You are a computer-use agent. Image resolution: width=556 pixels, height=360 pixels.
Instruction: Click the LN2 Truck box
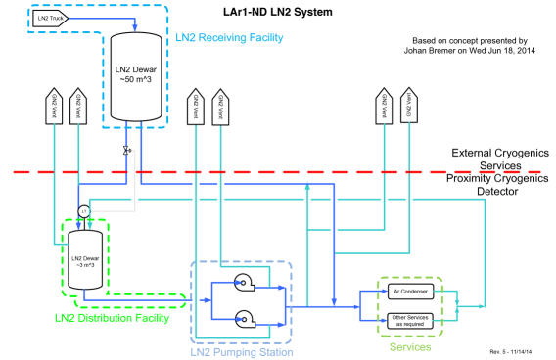pyautogui.click(x=50, y=18)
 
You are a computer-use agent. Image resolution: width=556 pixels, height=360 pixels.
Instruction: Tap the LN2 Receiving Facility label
pyautogui.click(x=229, y=38)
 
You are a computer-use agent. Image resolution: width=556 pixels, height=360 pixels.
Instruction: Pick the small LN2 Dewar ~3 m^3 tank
pyautogui.click(x=85, y=260)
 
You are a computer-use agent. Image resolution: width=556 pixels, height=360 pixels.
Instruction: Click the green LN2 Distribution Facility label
pyautogui.click(x=112, y=318)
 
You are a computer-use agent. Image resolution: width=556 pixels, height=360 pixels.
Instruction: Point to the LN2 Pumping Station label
pyautogui.click(x=241, y=351)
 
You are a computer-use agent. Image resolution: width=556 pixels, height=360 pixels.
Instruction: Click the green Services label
pyautogui.click(x=409, y=346)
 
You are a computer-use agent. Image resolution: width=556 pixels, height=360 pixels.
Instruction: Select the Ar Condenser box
pyautogui.click(x=410, y=291)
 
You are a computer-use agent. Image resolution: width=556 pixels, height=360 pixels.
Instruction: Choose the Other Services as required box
pyautogui.click(x=410, y=319)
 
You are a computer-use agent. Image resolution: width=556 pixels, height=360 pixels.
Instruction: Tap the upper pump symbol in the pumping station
pyautogui.click(x=243, y=284)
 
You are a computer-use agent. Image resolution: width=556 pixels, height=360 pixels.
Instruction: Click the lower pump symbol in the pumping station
pyautogui.click(x=243, y=318)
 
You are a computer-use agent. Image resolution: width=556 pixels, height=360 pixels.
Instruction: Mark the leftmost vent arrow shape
pyautogui.click(x=54, y=107)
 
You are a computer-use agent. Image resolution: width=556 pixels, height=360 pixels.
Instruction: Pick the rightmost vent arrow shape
pyautogui.click(x=409, y=107)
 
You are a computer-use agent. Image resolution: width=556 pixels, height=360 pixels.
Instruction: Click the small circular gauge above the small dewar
pyautogui.click(x=84, y=211)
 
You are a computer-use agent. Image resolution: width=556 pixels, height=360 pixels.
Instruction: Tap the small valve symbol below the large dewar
pyautogui.click(x=126, y=151)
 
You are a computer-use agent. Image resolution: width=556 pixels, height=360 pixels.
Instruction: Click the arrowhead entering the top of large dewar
pyautogui.click(x=135, y=28)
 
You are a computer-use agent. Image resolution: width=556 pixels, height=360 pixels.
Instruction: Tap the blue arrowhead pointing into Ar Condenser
pyautogui.click(x=384, y=291)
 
